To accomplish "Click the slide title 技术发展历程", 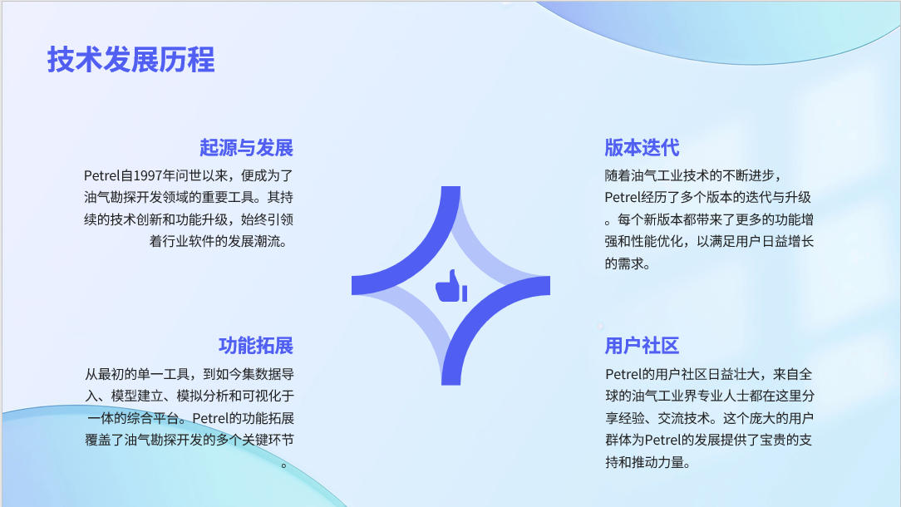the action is (131, 59).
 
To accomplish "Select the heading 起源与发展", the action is (247, 148).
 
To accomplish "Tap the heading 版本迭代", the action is (642, 148).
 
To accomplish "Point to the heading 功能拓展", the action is (256, 346).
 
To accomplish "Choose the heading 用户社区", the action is (642, 346).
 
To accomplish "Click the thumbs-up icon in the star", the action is (451, 286).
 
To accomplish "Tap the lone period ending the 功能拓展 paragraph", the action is (284, 465).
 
